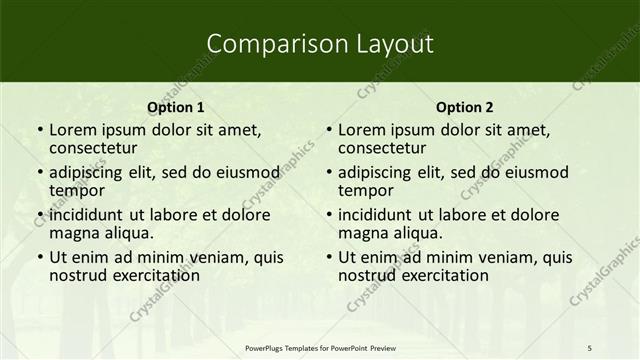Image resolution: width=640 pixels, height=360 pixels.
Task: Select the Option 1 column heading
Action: point(176,107)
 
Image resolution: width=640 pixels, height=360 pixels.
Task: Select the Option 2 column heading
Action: point(465,107)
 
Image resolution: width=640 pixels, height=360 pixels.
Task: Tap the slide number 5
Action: point(590,346)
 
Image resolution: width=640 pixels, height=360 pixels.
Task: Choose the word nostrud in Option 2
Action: point(366,275)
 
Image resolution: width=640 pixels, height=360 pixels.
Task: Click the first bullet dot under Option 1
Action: point(39,130)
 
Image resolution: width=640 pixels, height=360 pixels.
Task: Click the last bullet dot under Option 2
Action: point(328,257)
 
